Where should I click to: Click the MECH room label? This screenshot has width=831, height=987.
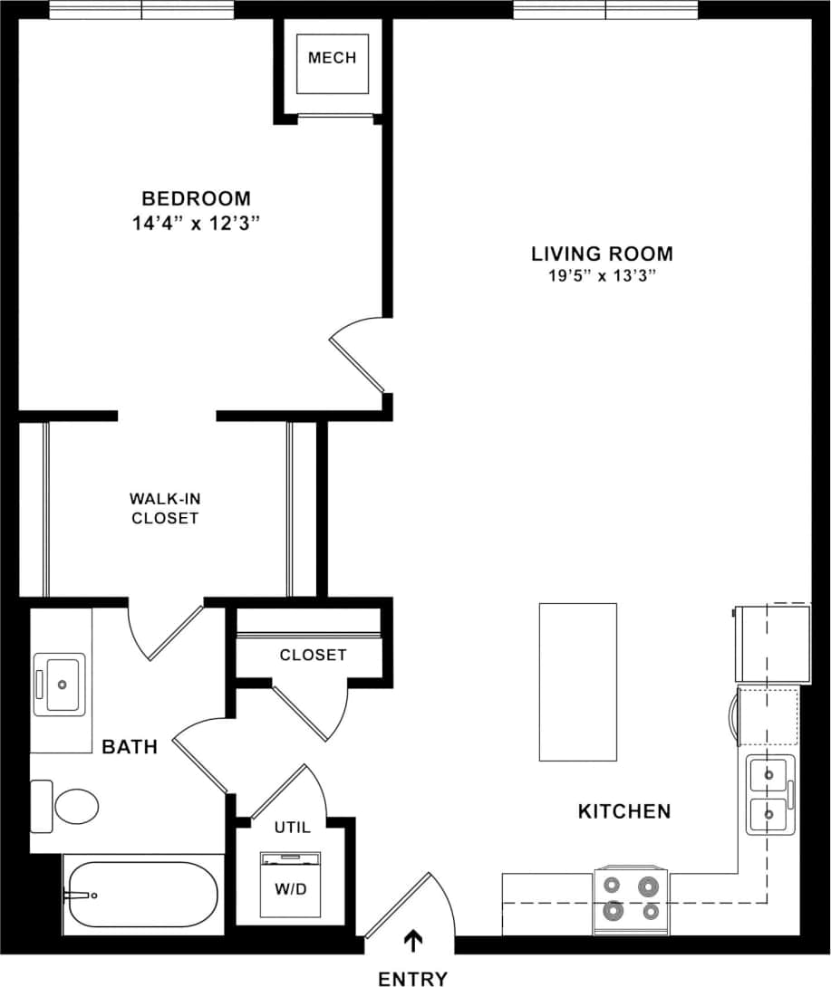332,58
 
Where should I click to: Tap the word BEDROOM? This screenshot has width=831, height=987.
196,198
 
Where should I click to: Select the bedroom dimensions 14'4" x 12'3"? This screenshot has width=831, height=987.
196,224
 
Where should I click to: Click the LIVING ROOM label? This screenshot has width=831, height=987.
602,254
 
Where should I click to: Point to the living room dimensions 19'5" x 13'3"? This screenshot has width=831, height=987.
602,277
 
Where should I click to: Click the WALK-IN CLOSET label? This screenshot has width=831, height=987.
165,508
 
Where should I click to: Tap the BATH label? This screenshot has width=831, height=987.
130,747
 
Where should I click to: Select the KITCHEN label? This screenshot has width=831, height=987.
624,811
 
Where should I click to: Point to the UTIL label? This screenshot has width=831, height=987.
292,827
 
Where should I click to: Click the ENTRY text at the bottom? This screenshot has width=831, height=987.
412,978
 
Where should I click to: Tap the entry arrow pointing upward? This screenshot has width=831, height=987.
413,942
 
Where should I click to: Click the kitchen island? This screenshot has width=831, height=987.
578,682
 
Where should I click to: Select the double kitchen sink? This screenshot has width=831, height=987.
769,794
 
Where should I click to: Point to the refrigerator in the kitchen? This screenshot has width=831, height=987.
772,643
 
